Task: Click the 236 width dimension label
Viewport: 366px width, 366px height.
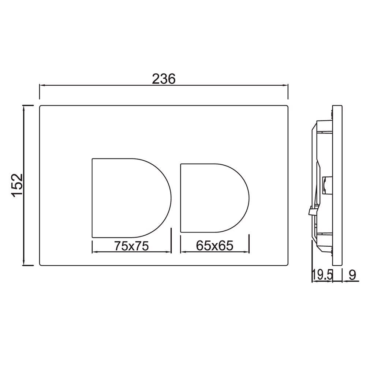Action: (164, 78)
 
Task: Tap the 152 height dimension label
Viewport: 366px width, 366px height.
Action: (18, 186)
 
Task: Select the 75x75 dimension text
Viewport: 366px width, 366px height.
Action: (131, 246)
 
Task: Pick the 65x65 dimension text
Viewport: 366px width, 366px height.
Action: (214, 246)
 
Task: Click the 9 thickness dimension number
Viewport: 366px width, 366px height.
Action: (352, 275)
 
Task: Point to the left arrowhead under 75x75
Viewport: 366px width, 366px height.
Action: (94, 252)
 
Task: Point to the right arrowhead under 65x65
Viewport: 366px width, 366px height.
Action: (247, 252)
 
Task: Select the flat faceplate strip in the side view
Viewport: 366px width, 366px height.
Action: (337, 186)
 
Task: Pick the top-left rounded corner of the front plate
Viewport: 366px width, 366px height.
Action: (41, 107)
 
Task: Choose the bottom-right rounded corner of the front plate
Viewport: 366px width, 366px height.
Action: (287, 264)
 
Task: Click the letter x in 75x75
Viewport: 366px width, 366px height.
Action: (131, 247)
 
